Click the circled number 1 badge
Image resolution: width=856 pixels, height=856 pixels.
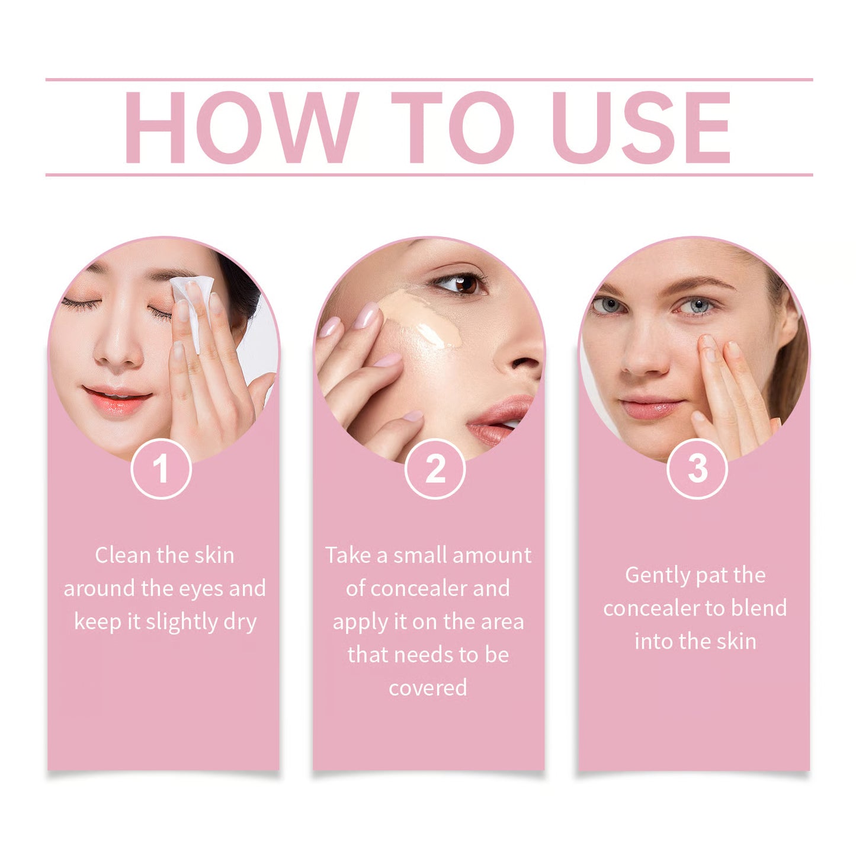pos(161,469)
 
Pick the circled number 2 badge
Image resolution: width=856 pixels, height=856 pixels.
pos(435,469)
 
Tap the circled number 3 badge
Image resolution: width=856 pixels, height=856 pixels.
pos(697,469)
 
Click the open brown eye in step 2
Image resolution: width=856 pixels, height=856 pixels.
pos(461,283)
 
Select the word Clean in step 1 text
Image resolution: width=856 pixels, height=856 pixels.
pos(123,556)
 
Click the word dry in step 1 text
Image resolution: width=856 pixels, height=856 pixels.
pos(240,622)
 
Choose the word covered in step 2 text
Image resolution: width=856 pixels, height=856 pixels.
pos(428,688)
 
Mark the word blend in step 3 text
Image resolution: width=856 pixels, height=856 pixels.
pos(759,608)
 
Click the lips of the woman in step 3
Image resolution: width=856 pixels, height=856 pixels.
pos(651,408)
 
